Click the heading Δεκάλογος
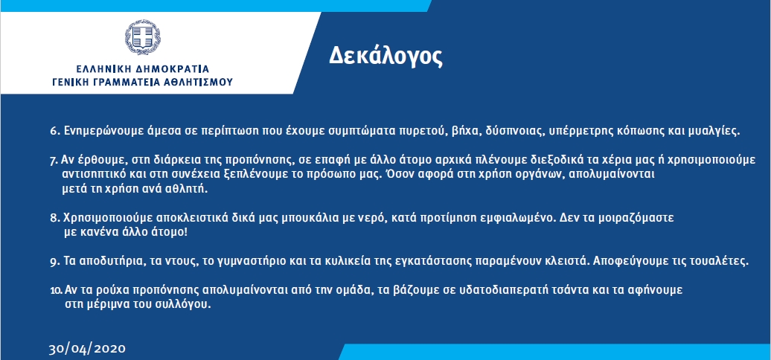(385, 57)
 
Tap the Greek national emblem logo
(143, 37)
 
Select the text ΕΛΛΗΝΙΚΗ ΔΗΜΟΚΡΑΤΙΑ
(143, 68)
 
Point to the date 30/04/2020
(87, 349)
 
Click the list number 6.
(54, 132)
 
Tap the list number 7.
(54, 161)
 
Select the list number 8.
(54, 218)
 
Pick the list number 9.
(54, 262)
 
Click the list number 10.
(56, 291)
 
